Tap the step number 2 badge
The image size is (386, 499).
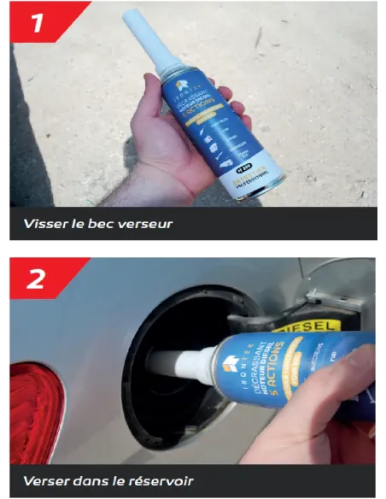click(x=38, y=278)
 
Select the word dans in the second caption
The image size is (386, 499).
click(x=96, y=480)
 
